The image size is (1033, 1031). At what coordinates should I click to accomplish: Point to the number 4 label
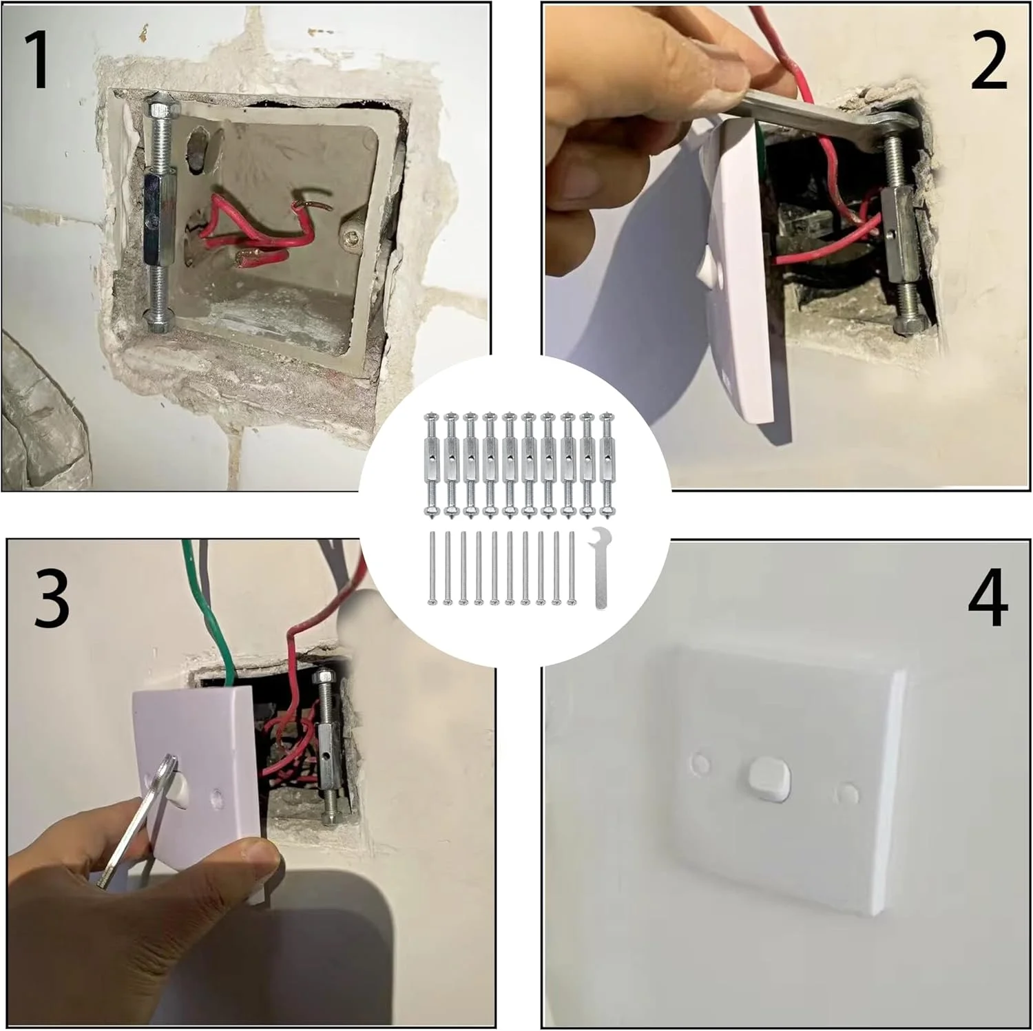pos(988,599)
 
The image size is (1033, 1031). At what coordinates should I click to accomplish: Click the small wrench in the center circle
pos(599,568)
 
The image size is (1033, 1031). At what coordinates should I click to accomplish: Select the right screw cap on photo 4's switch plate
pos(848,794)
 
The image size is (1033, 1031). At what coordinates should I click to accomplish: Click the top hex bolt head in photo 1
pos(163,107)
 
